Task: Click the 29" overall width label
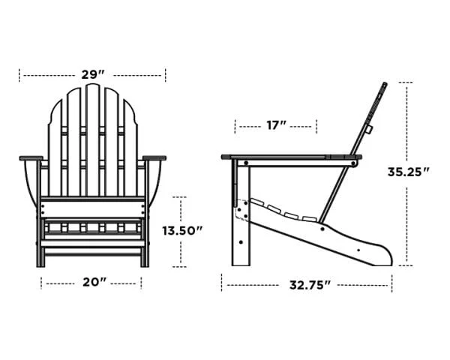point(92,75)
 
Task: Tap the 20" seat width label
point(93,283)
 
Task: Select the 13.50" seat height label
point(182,231)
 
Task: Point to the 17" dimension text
point(277,125)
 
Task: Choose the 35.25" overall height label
point(408,171)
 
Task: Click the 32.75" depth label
point(310,285)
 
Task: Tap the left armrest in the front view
point(31,158)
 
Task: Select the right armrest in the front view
point(154,158)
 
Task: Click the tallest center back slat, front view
point(92,135)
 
